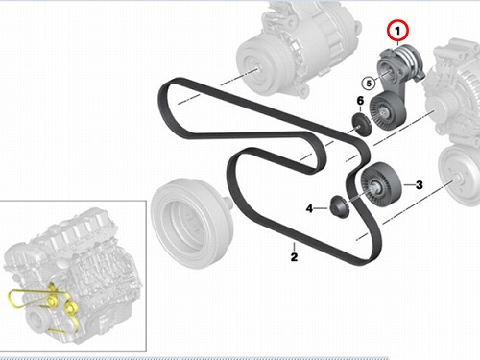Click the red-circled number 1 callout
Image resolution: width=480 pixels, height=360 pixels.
(397, 31)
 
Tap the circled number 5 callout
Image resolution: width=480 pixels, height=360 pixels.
(369, 84)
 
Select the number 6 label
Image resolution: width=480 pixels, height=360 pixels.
(360, 101)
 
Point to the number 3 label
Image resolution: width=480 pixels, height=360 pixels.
(419, 185)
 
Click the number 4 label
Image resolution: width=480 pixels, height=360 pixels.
(309, 208)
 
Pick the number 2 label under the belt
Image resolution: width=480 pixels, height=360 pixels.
(294, 256)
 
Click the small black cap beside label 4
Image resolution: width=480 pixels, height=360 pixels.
(339, 207)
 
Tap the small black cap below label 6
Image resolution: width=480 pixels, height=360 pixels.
(362, 125)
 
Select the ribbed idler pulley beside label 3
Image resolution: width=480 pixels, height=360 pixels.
(381, 184)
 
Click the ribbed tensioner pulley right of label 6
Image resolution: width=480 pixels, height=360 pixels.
(388, 110)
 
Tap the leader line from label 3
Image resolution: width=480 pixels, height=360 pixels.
(409, 185)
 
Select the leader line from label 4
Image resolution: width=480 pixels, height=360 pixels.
(322, 208)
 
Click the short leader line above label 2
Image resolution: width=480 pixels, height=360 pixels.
(294, 247)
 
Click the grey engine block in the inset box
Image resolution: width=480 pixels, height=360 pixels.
(73, 276)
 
